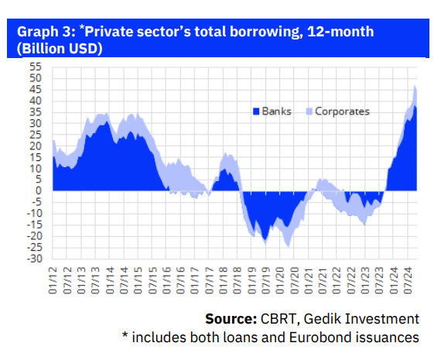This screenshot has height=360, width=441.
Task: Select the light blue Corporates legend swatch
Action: [308, 111]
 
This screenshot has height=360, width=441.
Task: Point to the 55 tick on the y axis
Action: [35, 67]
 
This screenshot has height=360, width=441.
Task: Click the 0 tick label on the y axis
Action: [37, 190]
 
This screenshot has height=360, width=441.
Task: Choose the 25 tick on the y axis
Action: [35, 135]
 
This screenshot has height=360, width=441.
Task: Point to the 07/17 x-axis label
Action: [209, 279]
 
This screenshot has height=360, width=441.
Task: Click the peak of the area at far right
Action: [415, 86]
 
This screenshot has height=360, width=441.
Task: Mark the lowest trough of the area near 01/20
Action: [288, 246]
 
